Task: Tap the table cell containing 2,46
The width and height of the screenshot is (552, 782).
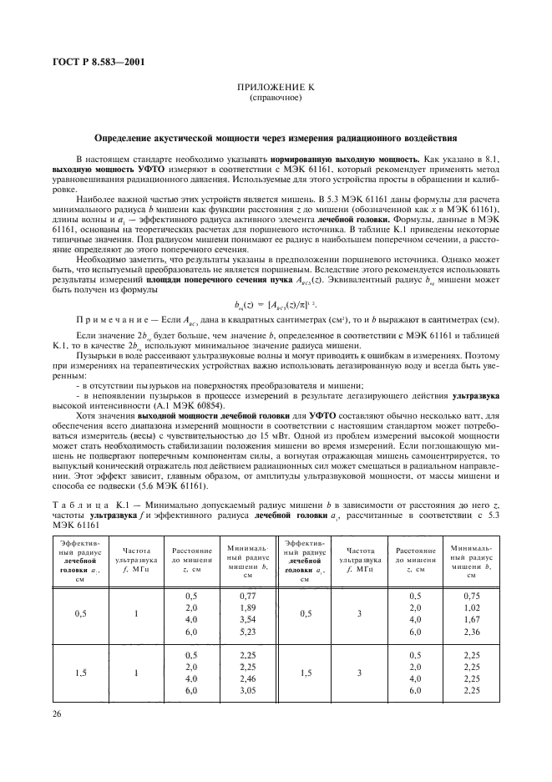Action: click(246, 679)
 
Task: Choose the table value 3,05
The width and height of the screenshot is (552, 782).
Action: click(246, 692)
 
